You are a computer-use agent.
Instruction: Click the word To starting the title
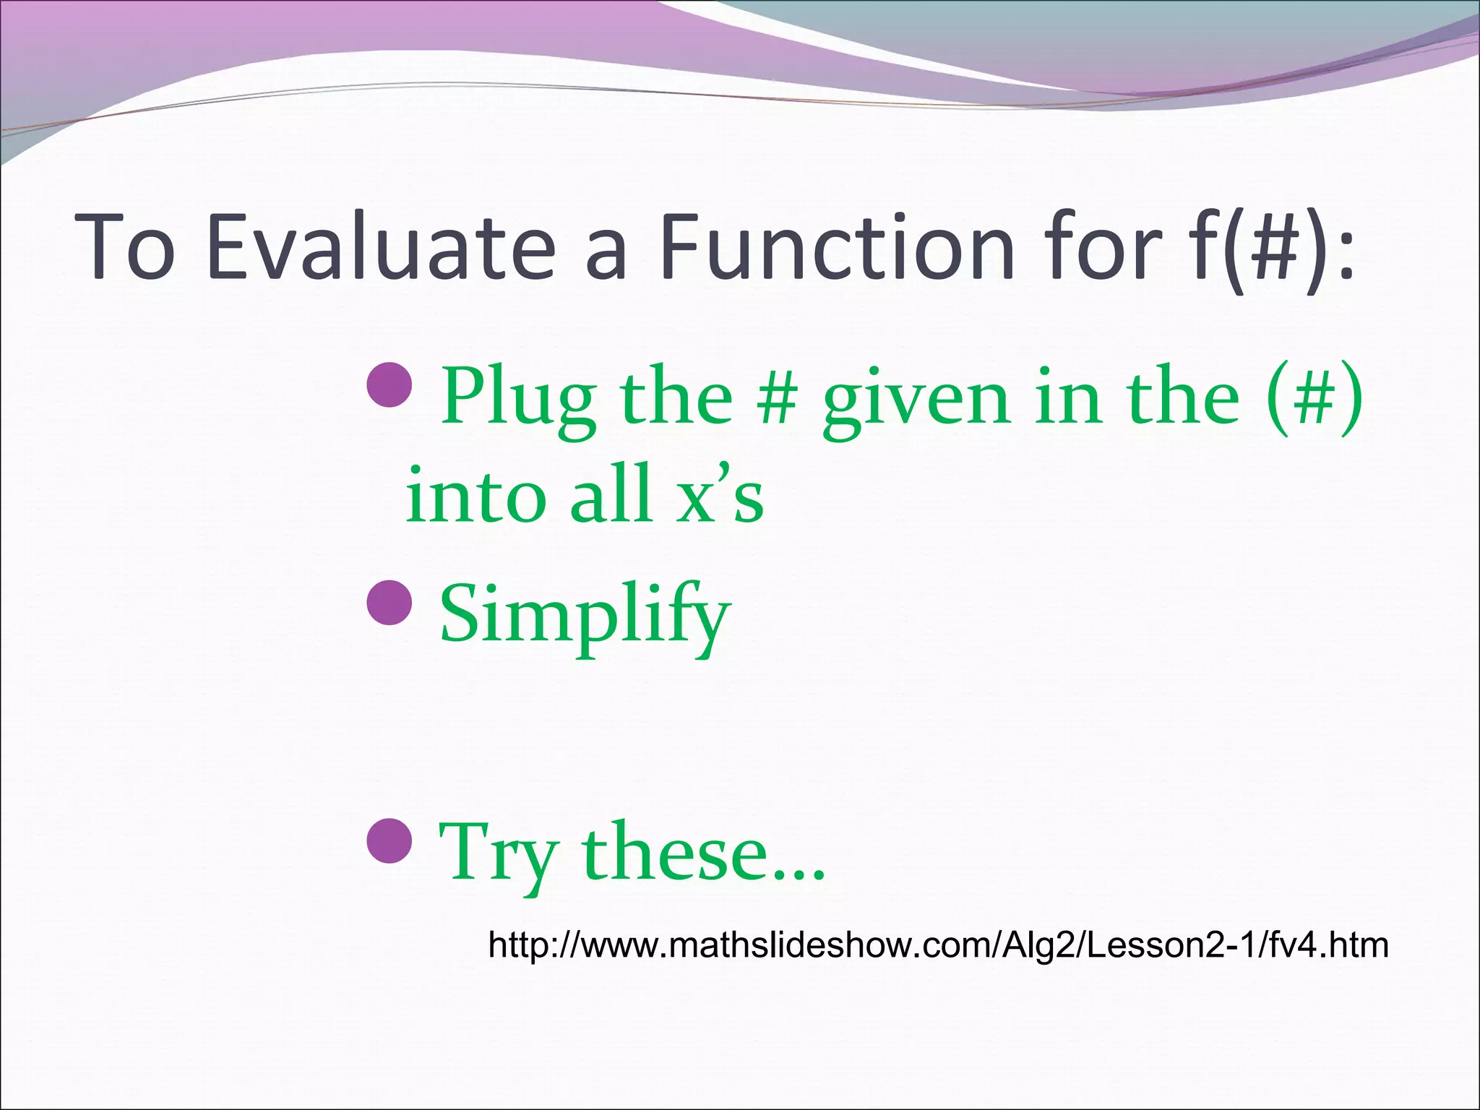click(x=126, y=246)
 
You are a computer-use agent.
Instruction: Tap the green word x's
click(x=720, y=496)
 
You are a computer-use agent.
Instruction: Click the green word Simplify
click(x=584, y=616)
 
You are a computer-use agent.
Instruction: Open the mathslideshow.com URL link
click(x=938, y=945)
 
